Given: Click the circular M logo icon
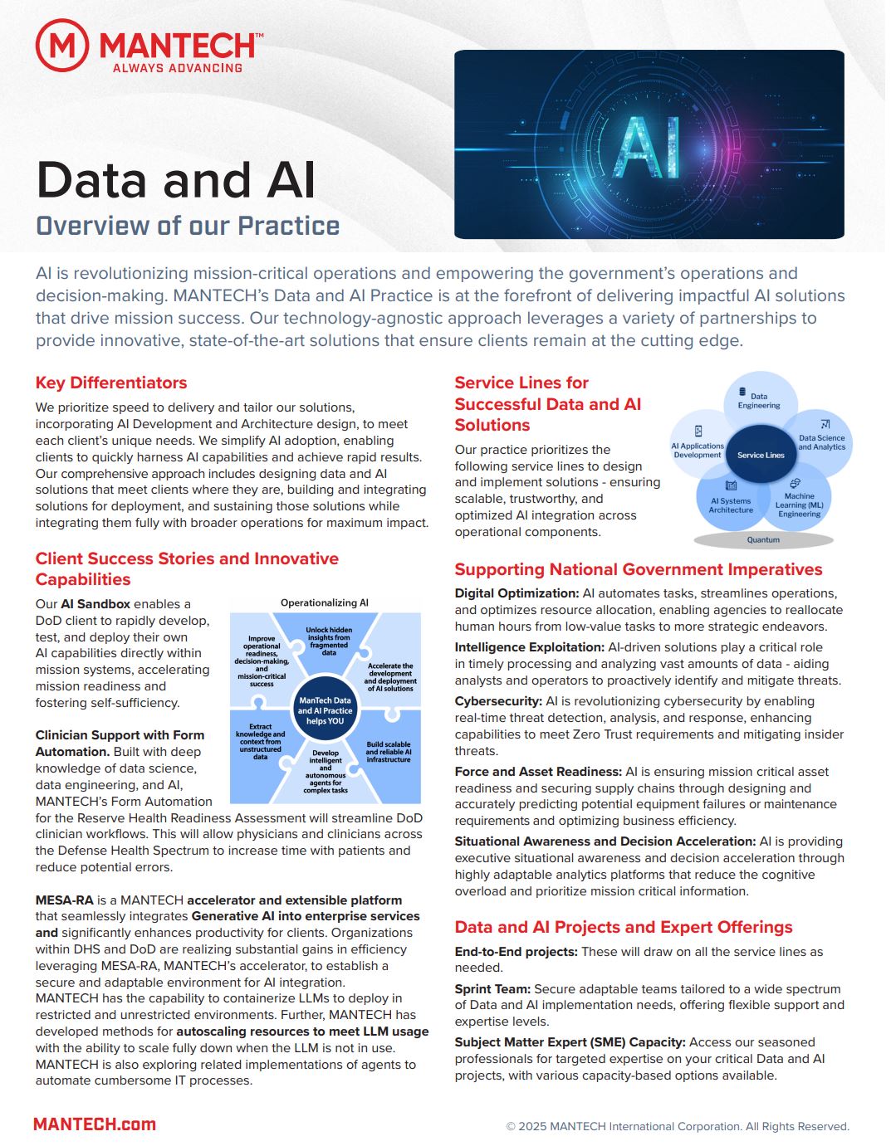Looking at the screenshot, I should pos(62,46).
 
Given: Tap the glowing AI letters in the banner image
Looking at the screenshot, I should pos(649,147).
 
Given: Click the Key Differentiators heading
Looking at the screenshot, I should pos(111,383).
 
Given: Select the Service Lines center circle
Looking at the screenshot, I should pos(761,455).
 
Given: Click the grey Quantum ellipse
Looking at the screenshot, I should pos(763,540).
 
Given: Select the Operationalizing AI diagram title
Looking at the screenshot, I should pos(325,603).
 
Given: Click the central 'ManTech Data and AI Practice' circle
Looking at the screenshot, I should pos(325,710).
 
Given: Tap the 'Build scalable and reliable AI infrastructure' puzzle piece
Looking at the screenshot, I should pos(389,752).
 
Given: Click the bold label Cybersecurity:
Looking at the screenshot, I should pos(498,701).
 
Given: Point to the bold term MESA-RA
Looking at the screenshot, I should pos(64,900).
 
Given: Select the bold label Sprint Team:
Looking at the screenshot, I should pos(492,989).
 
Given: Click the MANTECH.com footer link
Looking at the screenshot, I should pos(95,1124).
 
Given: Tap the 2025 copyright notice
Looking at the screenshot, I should pos(678,1127).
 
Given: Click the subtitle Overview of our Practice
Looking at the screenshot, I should pos(188,226).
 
